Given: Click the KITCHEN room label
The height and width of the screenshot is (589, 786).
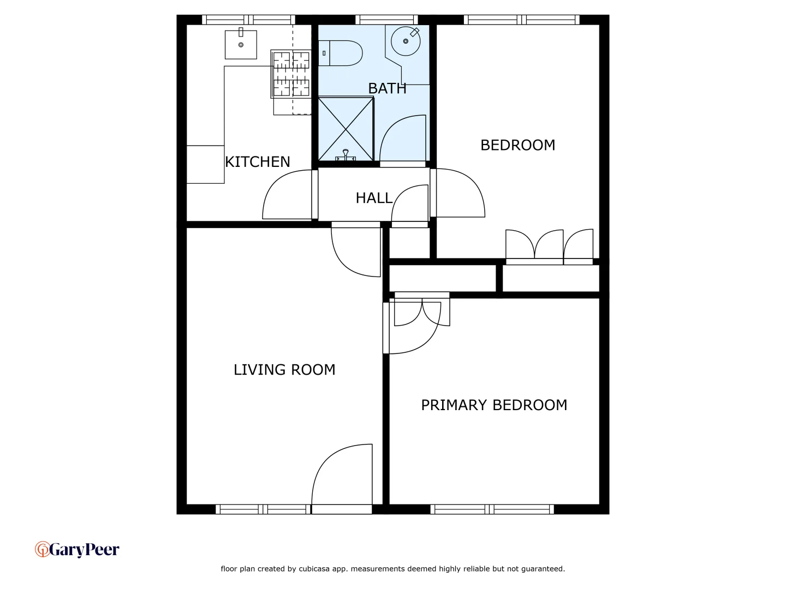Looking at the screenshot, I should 258,162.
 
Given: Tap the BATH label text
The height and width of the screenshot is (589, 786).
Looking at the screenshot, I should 387,88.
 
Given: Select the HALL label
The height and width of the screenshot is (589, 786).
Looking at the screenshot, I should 374,198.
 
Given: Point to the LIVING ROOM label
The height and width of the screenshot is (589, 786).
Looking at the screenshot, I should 284,370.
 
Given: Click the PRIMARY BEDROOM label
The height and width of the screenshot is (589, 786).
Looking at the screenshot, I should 494,405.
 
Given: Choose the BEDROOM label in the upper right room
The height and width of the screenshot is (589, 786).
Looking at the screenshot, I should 517,145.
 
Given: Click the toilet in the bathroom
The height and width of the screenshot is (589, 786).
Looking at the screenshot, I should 341,53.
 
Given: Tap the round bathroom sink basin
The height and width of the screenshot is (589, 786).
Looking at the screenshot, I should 406,41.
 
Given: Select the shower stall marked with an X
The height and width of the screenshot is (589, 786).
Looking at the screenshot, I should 346,129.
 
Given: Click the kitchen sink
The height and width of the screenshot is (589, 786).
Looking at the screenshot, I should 241,44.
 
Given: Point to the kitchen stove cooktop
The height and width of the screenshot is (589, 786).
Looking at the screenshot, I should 291,74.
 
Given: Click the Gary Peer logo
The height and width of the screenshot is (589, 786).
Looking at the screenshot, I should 77,549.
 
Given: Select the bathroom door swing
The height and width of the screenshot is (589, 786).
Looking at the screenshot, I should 403,139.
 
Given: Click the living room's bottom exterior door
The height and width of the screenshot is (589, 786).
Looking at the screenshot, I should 342,509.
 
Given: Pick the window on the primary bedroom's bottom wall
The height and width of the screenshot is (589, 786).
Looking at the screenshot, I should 492,509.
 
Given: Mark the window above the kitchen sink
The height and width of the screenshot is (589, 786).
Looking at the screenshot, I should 248,20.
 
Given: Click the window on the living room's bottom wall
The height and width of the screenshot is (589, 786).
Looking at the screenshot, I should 263,509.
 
